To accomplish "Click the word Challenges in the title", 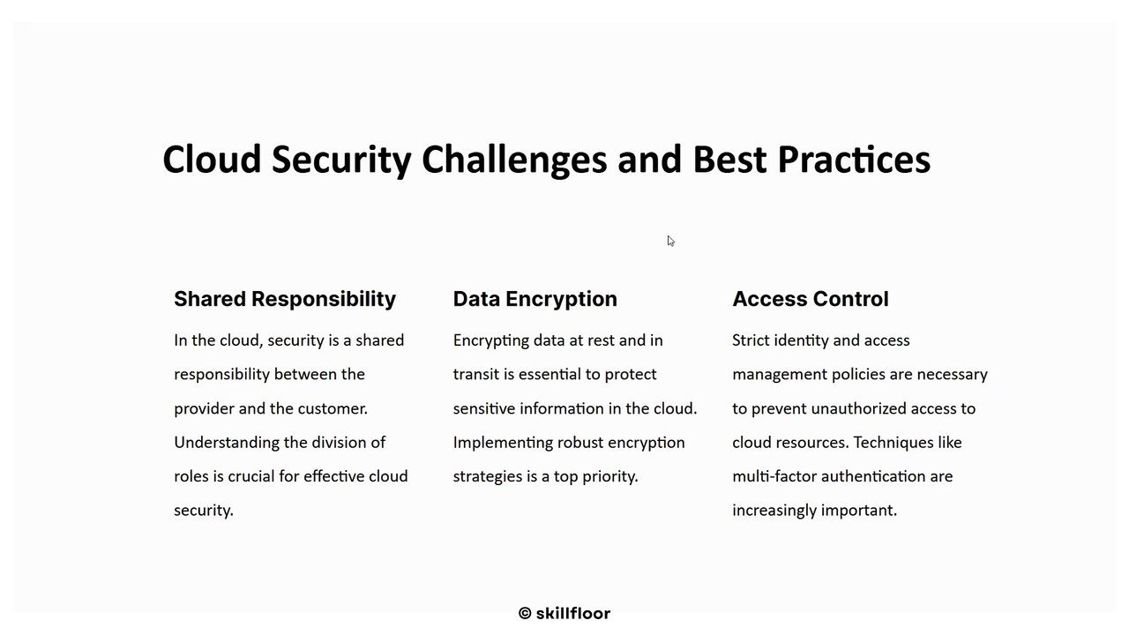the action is coord(514,161).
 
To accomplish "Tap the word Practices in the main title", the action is coord(854,160).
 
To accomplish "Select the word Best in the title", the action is coord(729,160).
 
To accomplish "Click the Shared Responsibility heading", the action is coord(285,299).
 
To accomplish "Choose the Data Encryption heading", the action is coord(535,299).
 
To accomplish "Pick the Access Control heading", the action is coord(810,299).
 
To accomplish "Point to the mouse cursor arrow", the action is coord(670,241).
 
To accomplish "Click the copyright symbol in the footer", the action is coord(525,613).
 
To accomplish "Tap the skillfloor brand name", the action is coord(573,613).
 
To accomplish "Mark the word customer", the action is coord(333,408).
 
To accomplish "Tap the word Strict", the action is coord(751,340).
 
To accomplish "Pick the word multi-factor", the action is coord(774,476).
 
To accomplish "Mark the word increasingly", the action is coord(774,511).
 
